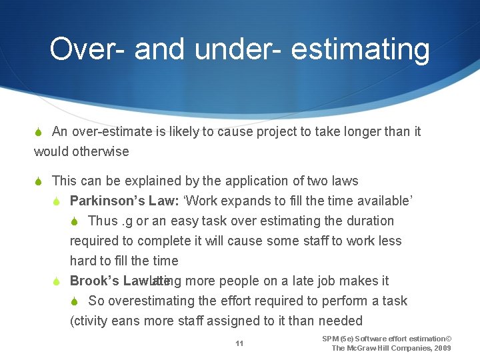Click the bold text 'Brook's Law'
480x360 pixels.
click(x=109, y=281)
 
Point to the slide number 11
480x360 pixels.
click(x=239, y=343)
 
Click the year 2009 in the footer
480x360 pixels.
click(x=441, y=348)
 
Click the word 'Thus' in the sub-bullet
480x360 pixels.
click(x=103, y=221)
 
